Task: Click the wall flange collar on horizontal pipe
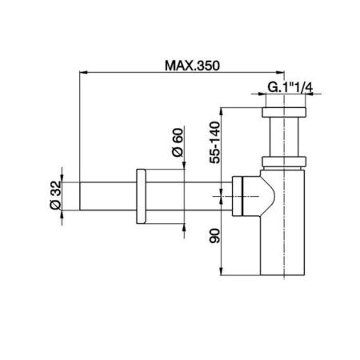(x=142, y=195)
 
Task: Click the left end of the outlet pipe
(x=80, y=195)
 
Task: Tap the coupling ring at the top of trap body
(x=286, y=163)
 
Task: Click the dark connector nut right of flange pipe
(x=238, y=194)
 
